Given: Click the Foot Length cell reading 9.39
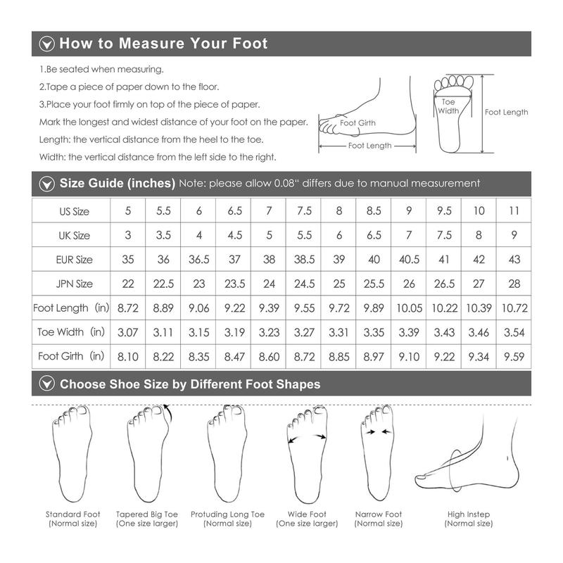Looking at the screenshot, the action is click(269, 308).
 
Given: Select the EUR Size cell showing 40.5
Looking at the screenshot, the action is click(409, 259).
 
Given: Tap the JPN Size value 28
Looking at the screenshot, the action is click(514, 284).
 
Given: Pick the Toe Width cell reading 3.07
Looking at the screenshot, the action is click(128, 332).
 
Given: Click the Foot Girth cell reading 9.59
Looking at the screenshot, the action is click(514, 357).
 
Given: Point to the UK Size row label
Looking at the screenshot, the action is click(75, 236).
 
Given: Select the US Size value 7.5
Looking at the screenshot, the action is click(304, 210).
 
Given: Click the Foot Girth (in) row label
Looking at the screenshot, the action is click(71, 356).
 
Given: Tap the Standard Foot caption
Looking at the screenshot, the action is click(73, 514).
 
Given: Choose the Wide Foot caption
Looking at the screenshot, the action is click(307, 514).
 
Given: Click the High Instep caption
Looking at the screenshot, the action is click(469, 514).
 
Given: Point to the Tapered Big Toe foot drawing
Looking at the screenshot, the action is click(148, 453).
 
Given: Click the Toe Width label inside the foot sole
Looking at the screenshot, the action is click(448, 106).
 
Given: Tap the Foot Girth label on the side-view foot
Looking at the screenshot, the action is click(358, 122).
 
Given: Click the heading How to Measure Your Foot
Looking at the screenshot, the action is click(163, 43).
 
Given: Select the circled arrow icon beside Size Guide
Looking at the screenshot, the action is click(47, 184).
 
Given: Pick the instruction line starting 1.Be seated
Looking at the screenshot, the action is click(101, 69).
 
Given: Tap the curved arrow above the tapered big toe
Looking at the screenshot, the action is click(169, 412).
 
